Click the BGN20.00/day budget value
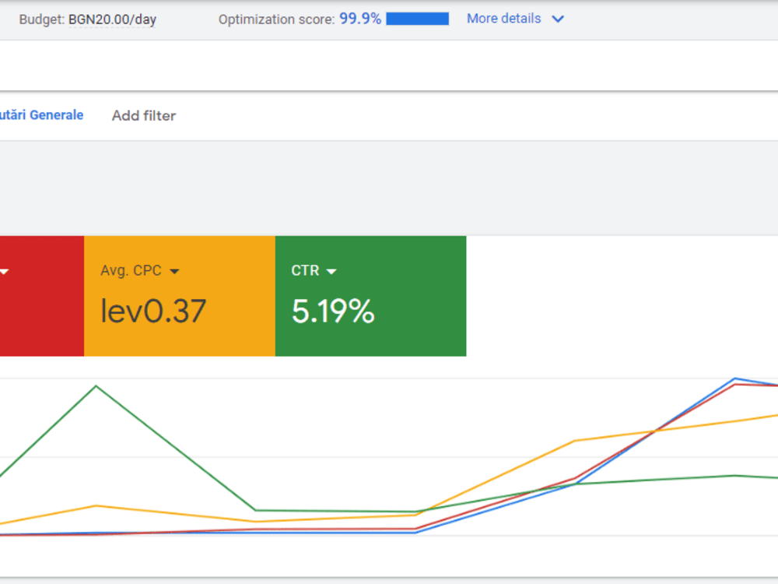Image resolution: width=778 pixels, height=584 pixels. pyautogui.click(x=112, y=20)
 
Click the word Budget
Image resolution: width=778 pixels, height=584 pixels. pyautogui.click(x=41, y=20)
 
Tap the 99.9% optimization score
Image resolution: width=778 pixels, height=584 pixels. pyautogui.click(x=360, y=19)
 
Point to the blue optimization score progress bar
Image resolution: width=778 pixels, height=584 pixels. pyautogui.click(x=417, y=19)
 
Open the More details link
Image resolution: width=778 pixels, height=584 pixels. pyautogui.click(x=503, y=19)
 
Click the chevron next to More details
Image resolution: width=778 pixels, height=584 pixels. pyautogui.click(x=558, y=19)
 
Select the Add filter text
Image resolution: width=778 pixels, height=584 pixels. pyautogui.click(x=144, y=116)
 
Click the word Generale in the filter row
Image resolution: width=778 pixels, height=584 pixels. pyautogui.click(x=57, y=115)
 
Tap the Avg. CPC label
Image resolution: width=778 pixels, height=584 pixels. pyautogui.click(x=131, y=271)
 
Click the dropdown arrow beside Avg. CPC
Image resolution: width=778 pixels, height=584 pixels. pyautogui.click(x=174, y=271)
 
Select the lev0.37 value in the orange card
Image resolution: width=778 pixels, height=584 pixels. pyautogui.click(x=152, y=311)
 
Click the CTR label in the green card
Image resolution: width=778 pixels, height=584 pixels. pyautogui.click(x=305, y=271)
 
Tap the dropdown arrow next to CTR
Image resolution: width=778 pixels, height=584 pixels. pyautogui.click(x=331, y=271)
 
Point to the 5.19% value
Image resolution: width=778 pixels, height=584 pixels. pyautogui.click(x=333, y=311)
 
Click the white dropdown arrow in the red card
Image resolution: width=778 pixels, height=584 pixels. pyautogui.click(x=4, y=271)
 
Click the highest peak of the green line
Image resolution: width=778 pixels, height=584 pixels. pyautogui.click(x=96, y=386)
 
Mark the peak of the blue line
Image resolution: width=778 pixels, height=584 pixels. pyautogui.click(x=735, y=378)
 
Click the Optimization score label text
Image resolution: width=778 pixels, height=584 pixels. pyautogui.click(x=276, y=19)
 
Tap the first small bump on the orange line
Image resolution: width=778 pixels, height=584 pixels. pyautogui.click(x=96, y=506)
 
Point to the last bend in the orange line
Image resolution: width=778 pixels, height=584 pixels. pyautogui.click(x=575, y=441)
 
